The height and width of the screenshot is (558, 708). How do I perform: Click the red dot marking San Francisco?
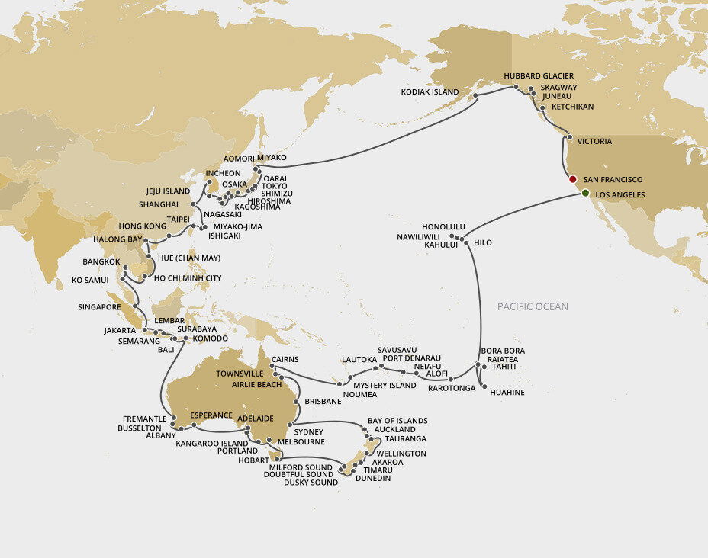(572, 179)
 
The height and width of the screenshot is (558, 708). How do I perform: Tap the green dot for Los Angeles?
(585, 194)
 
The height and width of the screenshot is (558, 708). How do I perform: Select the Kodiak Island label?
(430, 92)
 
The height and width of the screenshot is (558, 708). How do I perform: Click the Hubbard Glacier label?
(539, 76)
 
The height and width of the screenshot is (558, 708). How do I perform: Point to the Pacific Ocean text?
(533, 306)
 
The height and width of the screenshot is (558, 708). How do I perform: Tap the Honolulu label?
(443, 227)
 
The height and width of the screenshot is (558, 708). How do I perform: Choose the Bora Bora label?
(503, 351)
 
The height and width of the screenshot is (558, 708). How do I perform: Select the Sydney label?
(309, 431)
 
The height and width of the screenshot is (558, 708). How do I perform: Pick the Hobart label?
(253, 460)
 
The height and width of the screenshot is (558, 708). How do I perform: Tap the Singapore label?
(99, 307)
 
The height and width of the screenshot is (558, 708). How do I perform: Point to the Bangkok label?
(101, 261)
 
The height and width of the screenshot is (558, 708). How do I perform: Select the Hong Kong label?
(142, 226)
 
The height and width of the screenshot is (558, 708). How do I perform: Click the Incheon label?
(224, 173)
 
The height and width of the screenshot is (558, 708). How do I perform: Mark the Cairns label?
(283, 359)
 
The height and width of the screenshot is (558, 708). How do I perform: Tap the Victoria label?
(594, 141)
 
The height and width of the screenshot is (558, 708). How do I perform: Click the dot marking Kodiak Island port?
(475, 96)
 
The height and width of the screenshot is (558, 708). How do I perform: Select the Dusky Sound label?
(311, 483)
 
